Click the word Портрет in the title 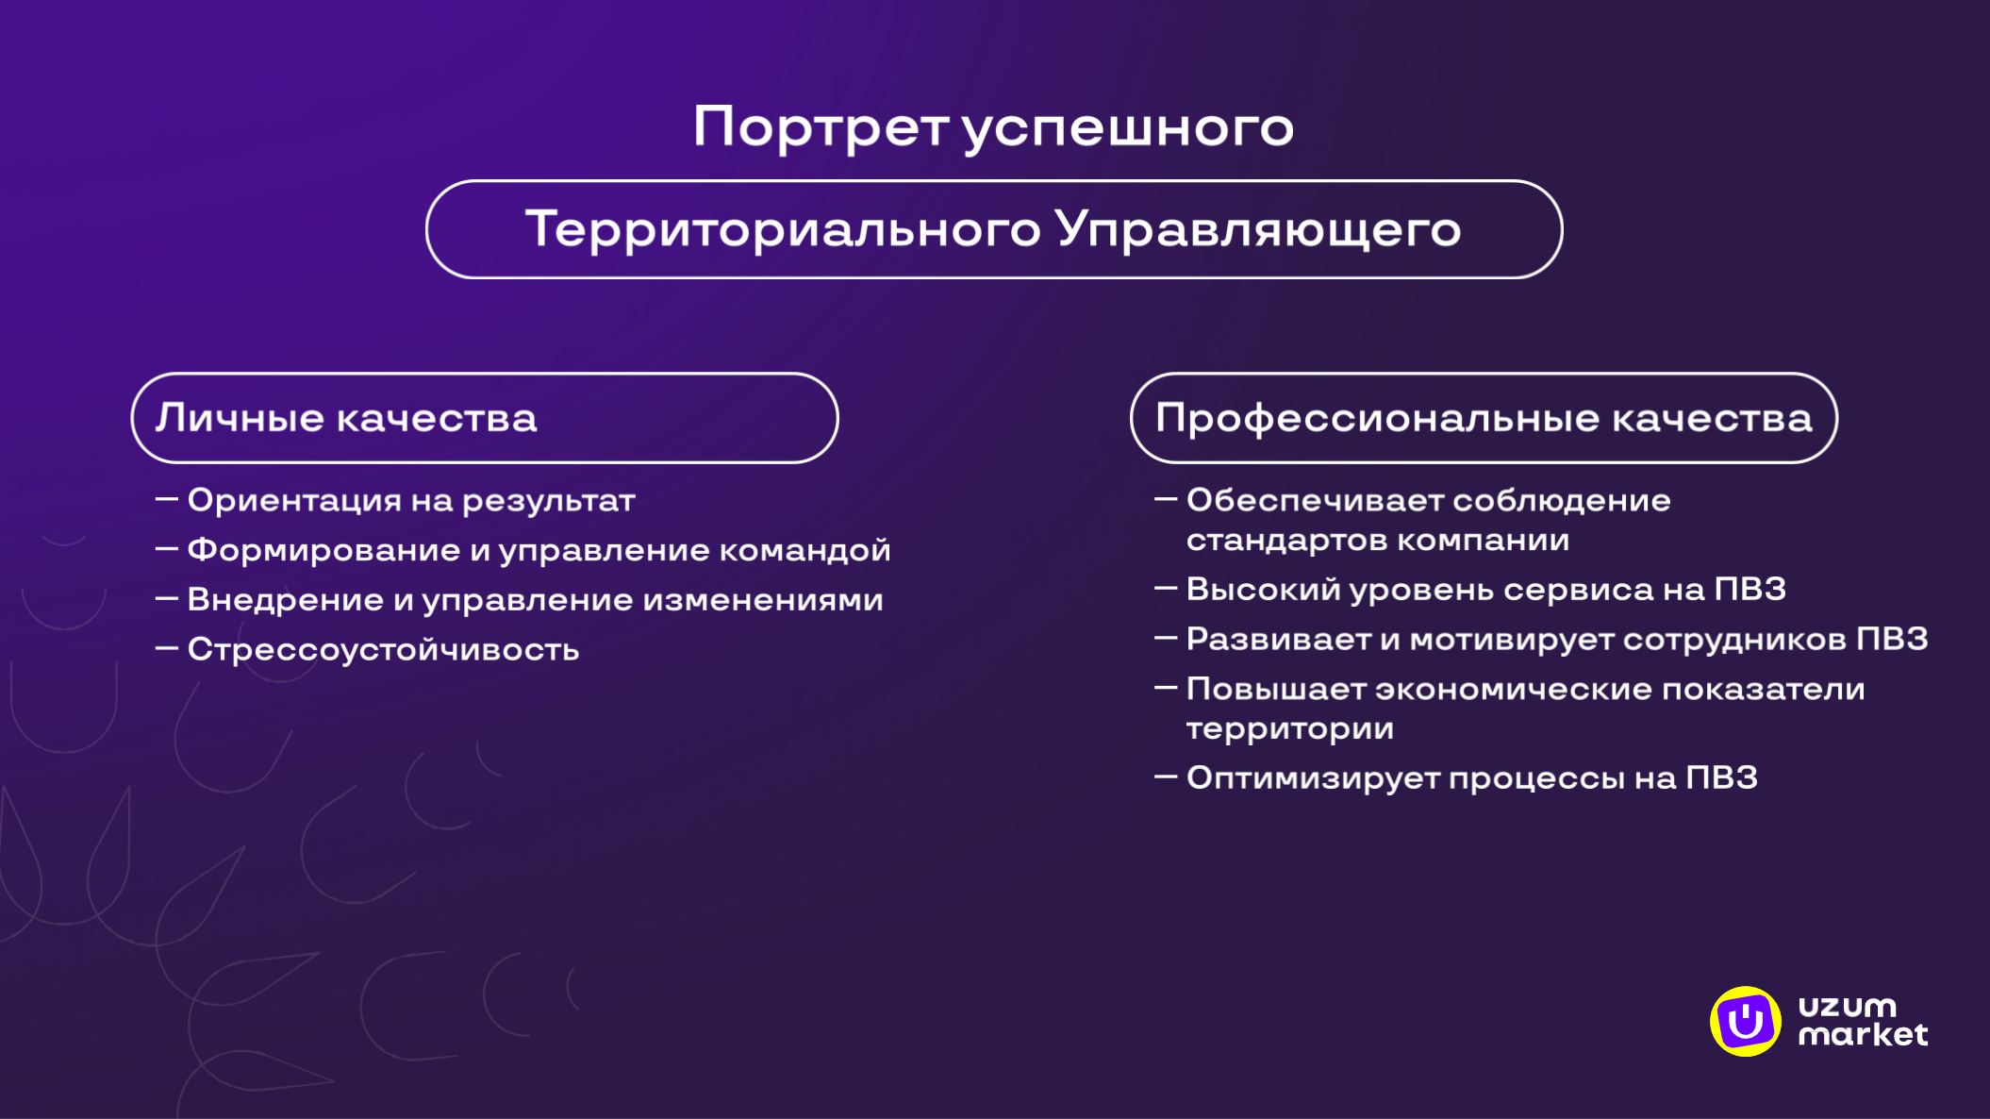(x=821, y=127)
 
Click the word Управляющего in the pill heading (x=1258, y=229)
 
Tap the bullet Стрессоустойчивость (x=383, y=649)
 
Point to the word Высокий (x=1263, y=590)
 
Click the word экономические (x=1513, y=689)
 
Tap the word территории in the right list (x=1289, y=729)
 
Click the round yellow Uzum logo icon (x=1745, y=1022)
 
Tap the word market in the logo (x=1863, y=1035)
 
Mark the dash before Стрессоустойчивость (x=167, y=648)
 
